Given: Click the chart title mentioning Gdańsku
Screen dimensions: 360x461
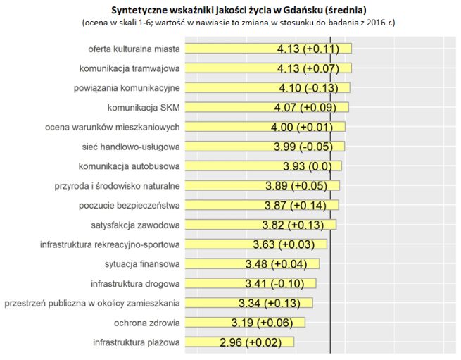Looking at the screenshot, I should click(x=239, y=10).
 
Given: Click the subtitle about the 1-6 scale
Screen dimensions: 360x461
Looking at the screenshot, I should click(x=239, y=23).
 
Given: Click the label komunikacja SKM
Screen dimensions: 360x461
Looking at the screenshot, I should click(x=144, y=107).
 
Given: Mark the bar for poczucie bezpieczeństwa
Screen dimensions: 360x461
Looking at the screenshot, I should click(x=225, y=205).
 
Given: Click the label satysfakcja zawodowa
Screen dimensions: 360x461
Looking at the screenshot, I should click(x=135, y=225).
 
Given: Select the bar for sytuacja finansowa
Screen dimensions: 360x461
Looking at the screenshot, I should click(x=225, y=264).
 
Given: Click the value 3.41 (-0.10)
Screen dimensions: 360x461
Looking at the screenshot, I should click(x=275, y=284).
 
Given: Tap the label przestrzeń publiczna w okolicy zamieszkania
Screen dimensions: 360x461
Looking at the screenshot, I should click(x=92, y=304).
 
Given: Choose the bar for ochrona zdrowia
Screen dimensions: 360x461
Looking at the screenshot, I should click(x=211, y=323).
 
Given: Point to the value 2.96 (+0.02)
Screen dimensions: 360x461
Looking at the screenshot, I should click(x=251, y=343).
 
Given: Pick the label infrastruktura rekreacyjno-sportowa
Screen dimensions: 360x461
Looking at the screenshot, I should click(x=110, y=244).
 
